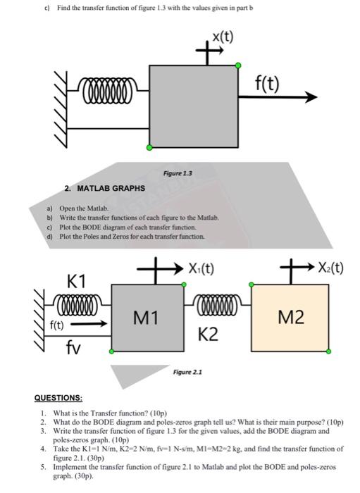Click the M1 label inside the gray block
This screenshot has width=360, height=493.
click(146, 317)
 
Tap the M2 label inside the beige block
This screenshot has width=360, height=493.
click(291, 317)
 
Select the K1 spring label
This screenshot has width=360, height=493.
click(76, 281)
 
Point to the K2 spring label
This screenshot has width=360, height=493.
click(208, 335)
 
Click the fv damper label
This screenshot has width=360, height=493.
click(73, 347)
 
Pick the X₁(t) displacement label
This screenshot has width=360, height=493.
click(201, 269)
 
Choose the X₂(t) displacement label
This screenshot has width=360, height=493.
click(330, 268)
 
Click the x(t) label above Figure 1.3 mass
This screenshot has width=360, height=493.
click(223, 37)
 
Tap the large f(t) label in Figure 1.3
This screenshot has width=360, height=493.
click(266, 84)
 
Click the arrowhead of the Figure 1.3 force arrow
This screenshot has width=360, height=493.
click(311, 97)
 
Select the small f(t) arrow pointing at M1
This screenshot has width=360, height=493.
click(89, 323)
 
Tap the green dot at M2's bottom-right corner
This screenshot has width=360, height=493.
click(328, 351)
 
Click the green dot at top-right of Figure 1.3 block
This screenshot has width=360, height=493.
click(238, 65)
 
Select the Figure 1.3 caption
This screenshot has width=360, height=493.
click(178, 173)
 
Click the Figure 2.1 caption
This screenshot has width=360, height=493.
click(187, 373)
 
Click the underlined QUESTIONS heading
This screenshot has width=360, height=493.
click(58, 398)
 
